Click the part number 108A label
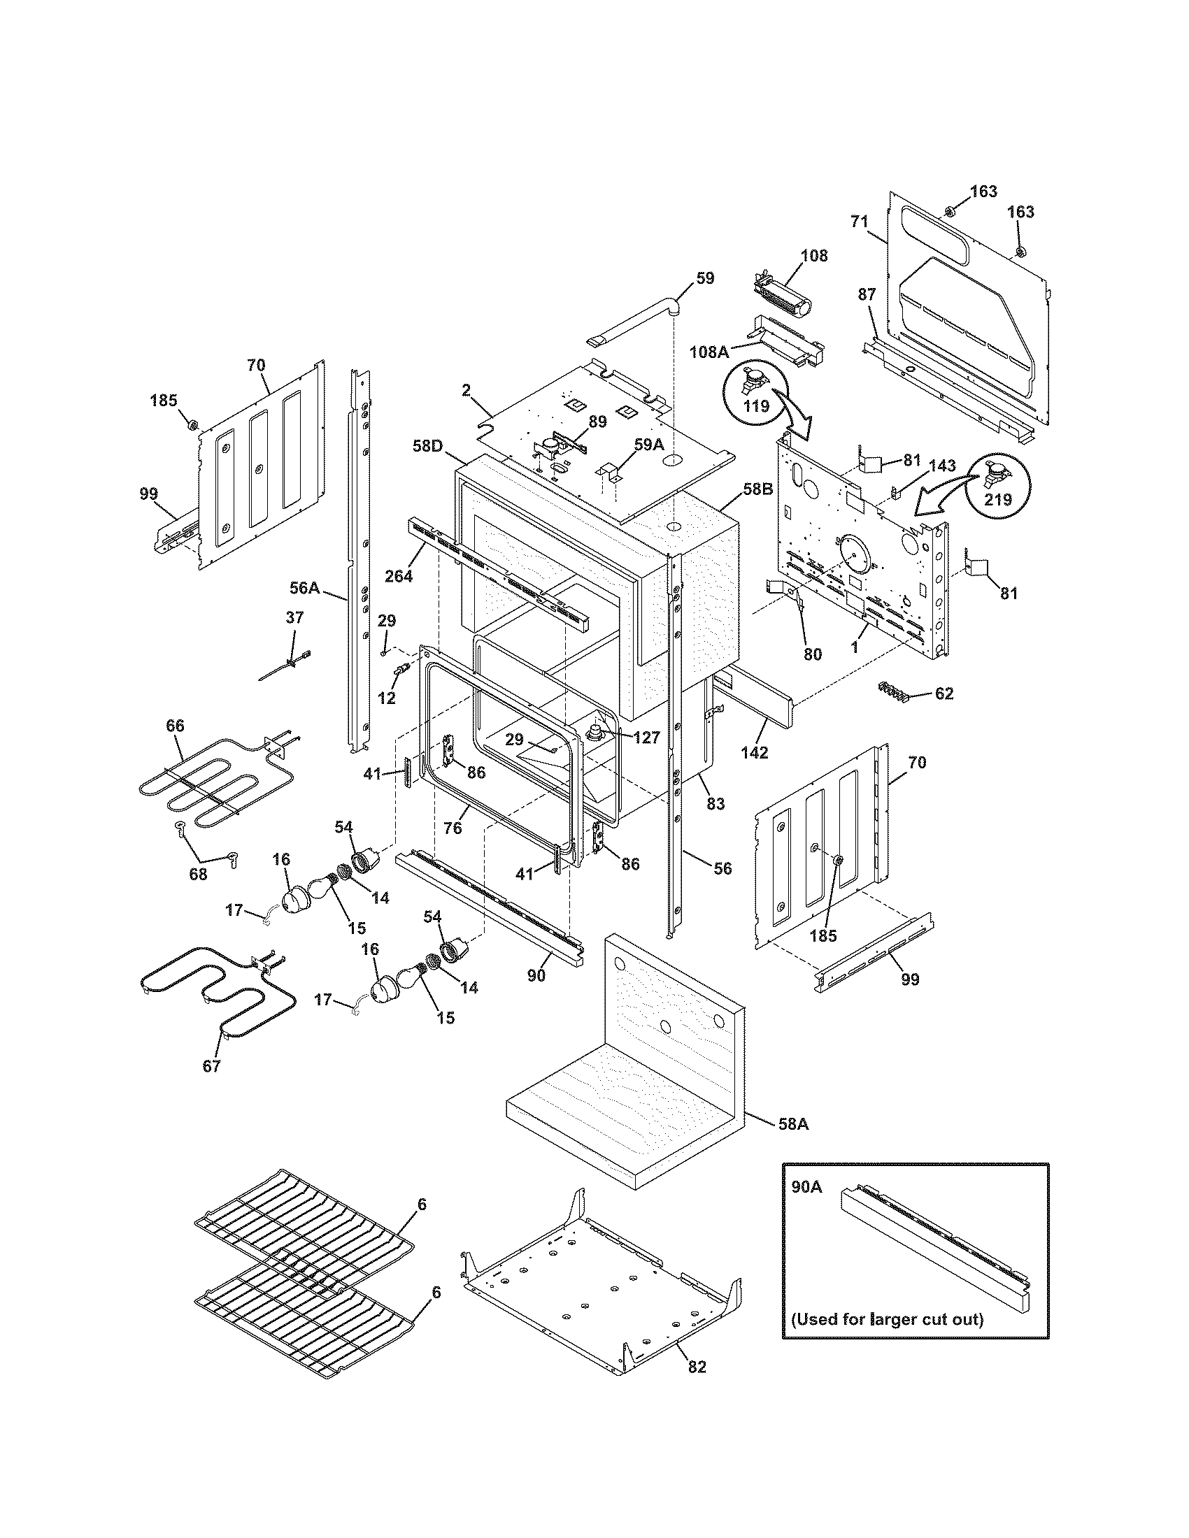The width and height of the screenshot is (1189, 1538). [709, 351]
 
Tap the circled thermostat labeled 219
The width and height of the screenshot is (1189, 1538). [997, 486]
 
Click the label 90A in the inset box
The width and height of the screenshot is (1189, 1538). [806, 1187]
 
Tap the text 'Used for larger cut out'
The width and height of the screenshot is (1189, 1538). [886, 1318]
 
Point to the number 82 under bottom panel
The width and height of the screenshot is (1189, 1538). [697, 1367]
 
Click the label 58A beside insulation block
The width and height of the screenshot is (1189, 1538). [793, 1125]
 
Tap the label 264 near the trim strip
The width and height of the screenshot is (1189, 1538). [398, 575]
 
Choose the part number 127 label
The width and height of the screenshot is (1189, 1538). [646, 738]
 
